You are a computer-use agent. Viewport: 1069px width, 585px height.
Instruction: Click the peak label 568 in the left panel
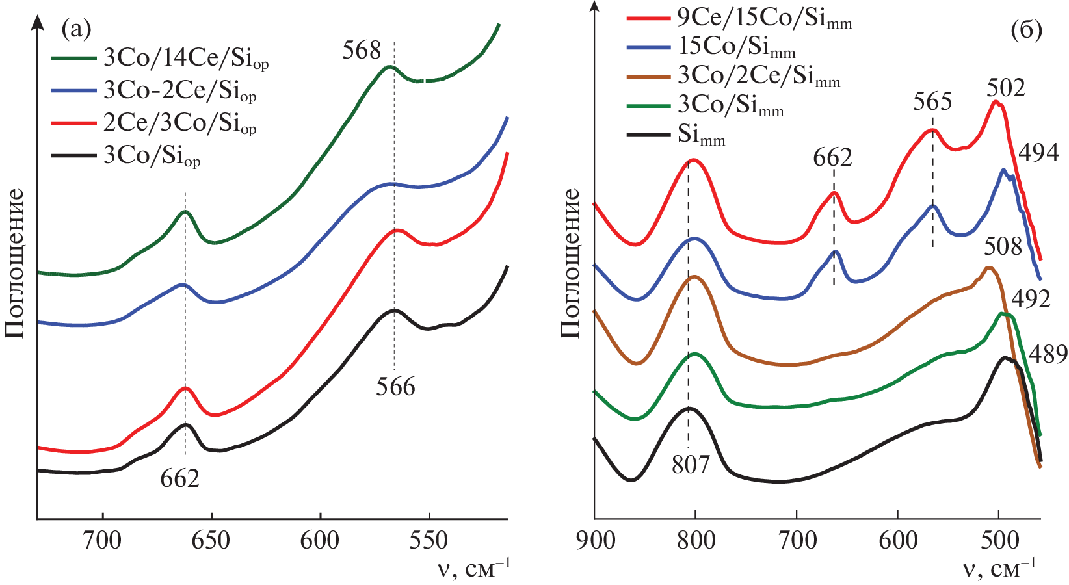[362, 50]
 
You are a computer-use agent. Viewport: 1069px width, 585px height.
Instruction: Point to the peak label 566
[395, 387]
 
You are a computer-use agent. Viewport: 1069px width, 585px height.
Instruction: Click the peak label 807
[691, 465]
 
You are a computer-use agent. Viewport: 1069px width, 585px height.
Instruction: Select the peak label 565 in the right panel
[932, 101]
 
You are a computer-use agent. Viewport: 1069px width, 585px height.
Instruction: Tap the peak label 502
[1005, 88]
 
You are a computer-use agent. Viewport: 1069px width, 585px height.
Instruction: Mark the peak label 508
[1003, 246]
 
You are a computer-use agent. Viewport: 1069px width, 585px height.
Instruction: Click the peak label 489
[1048, 354]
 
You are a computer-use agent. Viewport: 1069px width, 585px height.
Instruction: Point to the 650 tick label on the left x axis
[211, 541]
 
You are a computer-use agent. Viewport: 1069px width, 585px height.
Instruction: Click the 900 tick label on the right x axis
[596, 541]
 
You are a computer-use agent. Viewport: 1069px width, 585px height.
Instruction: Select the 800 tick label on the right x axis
[696, 541]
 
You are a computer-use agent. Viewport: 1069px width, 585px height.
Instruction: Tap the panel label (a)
[76, 29]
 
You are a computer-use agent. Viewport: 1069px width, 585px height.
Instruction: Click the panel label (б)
[1027, 30]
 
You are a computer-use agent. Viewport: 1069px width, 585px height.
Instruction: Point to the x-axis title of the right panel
[999, 569]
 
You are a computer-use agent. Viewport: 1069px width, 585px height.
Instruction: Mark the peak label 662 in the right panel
[832, 158]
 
